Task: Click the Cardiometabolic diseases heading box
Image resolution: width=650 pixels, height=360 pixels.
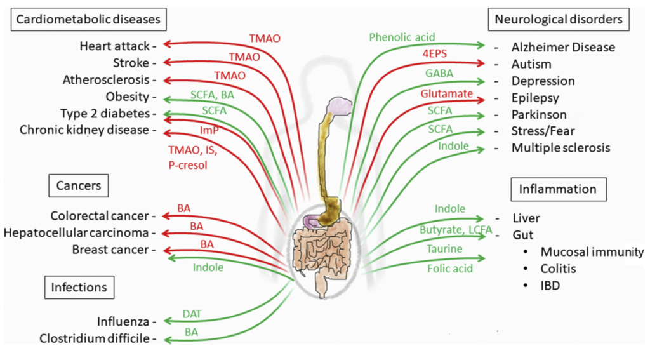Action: coord(88,20)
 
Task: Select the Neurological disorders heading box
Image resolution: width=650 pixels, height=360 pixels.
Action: coord(558,20)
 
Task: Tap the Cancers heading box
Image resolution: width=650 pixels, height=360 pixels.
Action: coord(79,186)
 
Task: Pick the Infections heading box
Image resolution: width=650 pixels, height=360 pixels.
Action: coord(79,287)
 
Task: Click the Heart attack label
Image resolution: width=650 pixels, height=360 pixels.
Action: coord(114,46)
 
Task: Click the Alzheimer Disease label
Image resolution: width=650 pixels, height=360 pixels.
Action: coord(562,47)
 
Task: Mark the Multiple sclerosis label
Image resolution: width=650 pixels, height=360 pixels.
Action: coord(560,147)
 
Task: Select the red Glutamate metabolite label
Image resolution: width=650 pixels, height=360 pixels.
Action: coord(446,94)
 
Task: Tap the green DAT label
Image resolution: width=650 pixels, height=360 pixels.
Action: coord(192,313)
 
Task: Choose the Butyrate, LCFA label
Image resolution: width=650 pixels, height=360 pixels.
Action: coord(451,229)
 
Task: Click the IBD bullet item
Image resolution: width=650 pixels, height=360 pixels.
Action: coord(549,286)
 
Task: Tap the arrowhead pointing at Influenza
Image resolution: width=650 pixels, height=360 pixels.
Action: coord(166,321)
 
